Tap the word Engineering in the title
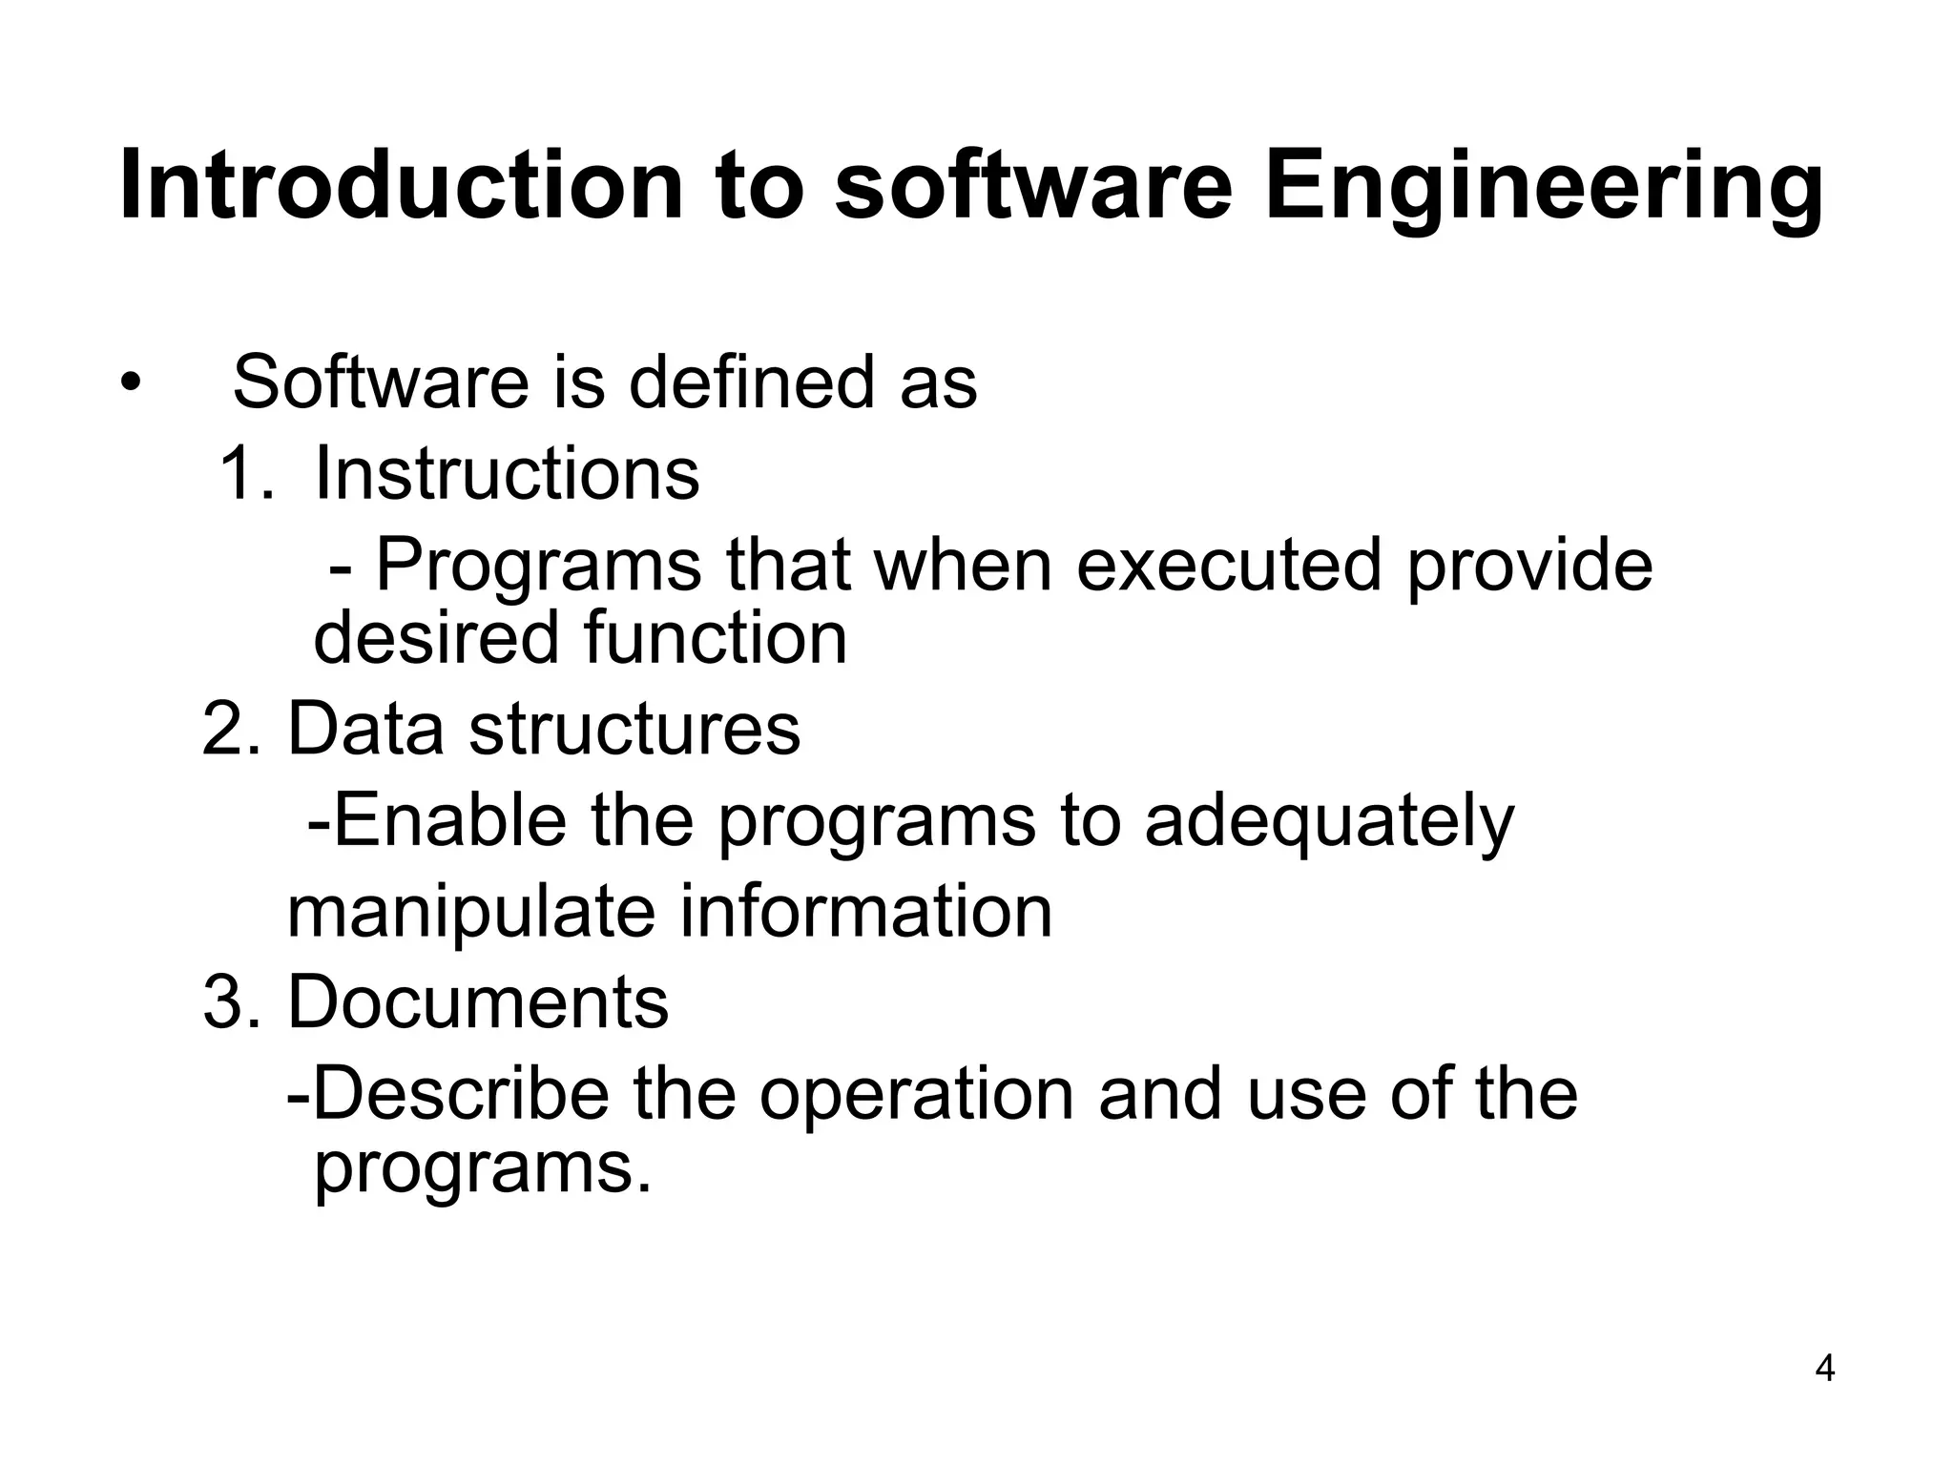tap(1544, 187)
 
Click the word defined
tap(751, 382)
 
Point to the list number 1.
tap(243, 473)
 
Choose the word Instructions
tap(507, 473)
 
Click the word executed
tap(1229, 565)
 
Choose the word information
tap(866, 912)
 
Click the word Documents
tap(478, 1002)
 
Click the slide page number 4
tap(1824, 1370)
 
